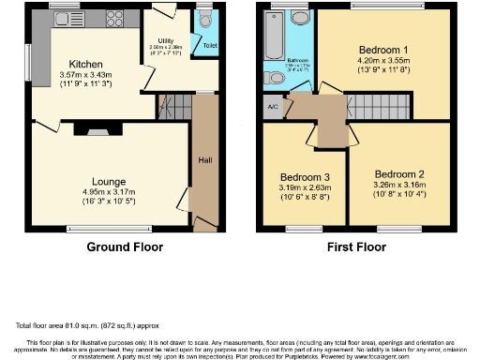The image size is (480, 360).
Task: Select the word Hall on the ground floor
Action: pos(204,160)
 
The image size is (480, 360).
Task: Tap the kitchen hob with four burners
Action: pos(117,18)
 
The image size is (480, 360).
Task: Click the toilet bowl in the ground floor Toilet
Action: pos(205,22)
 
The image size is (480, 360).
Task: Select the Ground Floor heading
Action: pos(125,247)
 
